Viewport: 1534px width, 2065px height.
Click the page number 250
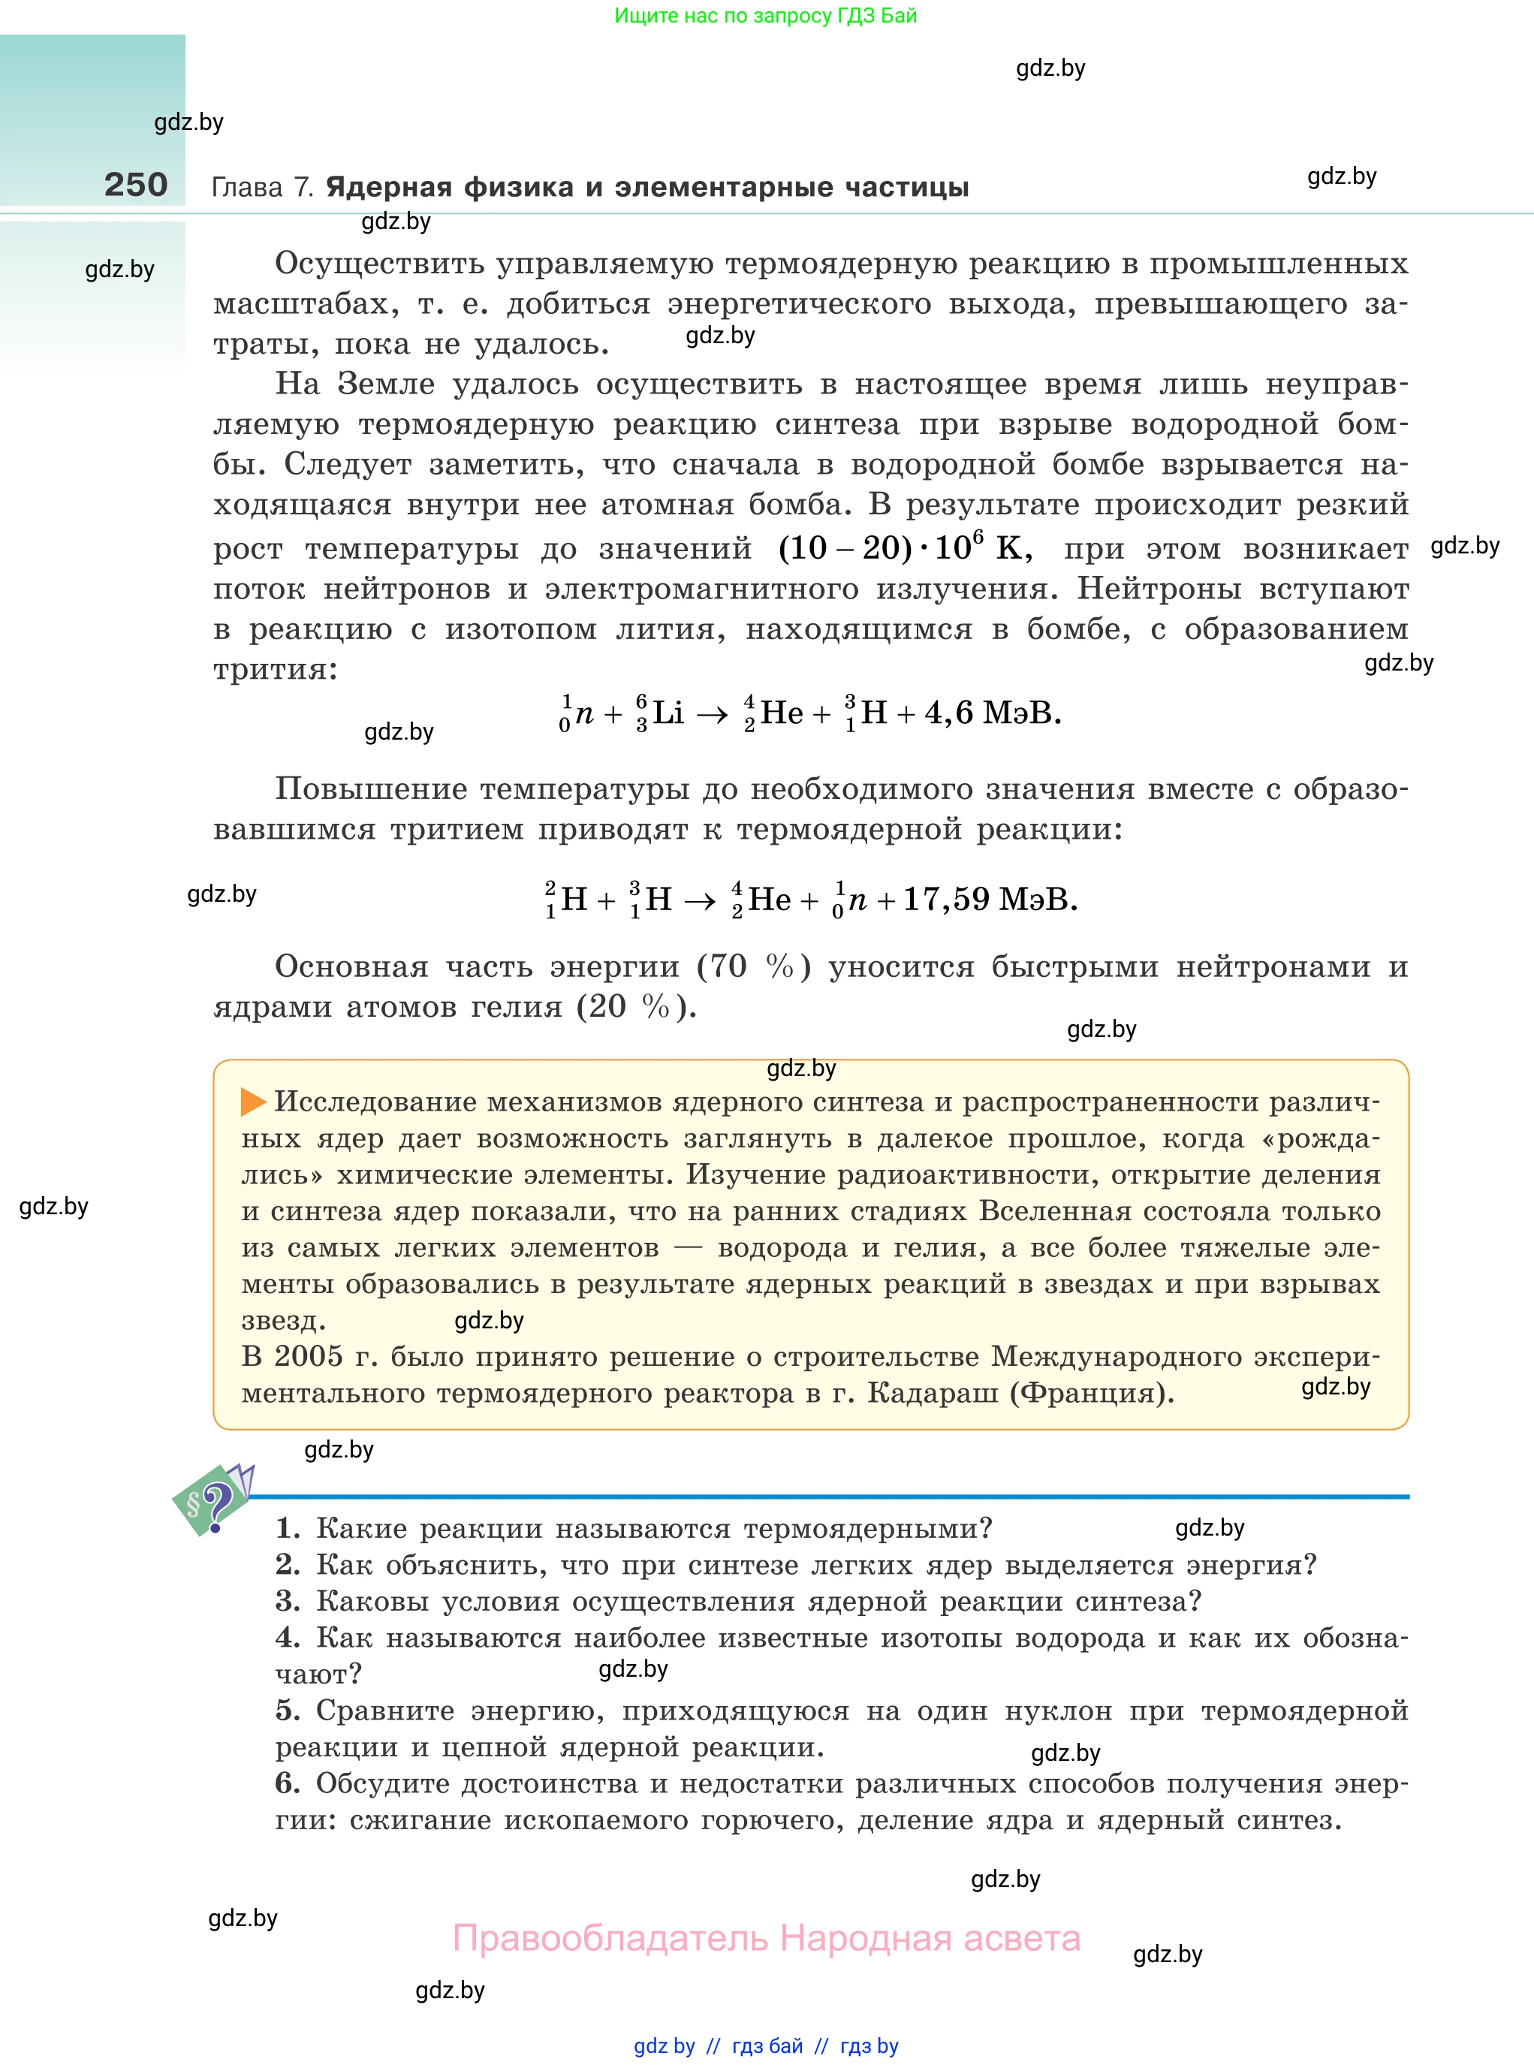[136, 185]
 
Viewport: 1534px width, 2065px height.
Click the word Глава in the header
[247, 188]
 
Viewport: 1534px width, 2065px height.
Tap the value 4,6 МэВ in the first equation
[993, 713]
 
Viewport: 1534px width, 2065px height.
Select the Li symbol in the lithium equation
[668, 713]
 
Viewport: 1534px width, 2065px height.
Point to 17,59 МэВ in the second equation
[990, 900]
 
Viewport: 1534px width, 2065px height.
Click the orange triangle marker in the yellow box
[252, 1102]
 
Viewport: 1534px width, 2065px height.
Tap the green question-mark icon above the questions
[212, 1499]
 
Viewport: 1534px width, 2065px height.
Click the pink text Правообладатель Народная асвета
[766, 1939]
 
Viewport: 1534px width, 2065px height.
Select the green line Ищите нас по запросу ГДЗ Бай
[765, 16]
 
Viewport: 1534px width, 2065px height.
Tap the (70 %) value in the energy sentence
[754, 966]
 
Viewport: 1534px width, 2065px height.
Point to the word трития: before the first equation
[276, 670]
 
